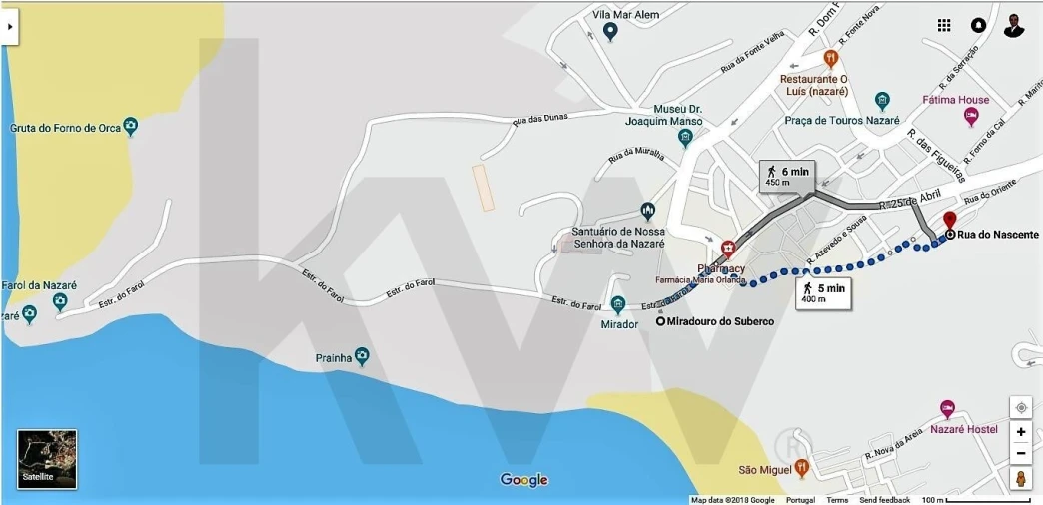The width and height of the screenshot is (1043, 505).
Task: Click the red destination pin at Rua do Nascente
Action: coord(949,221)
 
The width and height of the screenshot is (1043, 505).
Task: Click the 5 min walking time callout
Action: coord(822,291)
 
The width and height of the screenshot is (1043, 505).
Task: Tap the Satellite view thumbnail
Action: coord(47,459)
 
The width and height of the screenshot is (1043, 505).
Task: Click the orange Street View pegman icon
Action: coord(1021,479)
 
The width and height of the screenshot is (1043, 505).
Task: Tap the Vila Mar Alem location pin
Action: coord(611,31)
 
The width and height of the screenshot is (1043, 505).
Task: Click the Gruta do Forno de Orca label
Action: coord(65,128)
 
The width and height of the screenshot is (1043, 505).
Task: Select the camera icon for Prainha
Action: coord(361,356)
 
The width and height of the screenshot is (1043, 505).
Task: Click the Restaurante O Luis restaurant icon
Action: coord(829,59)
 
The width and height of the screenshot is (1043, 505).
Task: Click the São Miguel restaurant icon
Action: coord(801,468)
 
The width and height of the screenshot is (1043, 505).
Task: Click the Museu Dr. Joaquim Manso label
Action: coord(677,115)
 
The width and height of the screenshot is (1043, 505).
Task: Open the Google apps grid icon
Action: coord(944,25)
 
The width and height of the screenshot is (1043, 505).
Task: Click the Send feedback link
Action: coord(884,500)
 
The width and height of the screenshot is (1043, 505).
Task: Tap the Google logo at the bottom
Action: coord(524,480)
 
